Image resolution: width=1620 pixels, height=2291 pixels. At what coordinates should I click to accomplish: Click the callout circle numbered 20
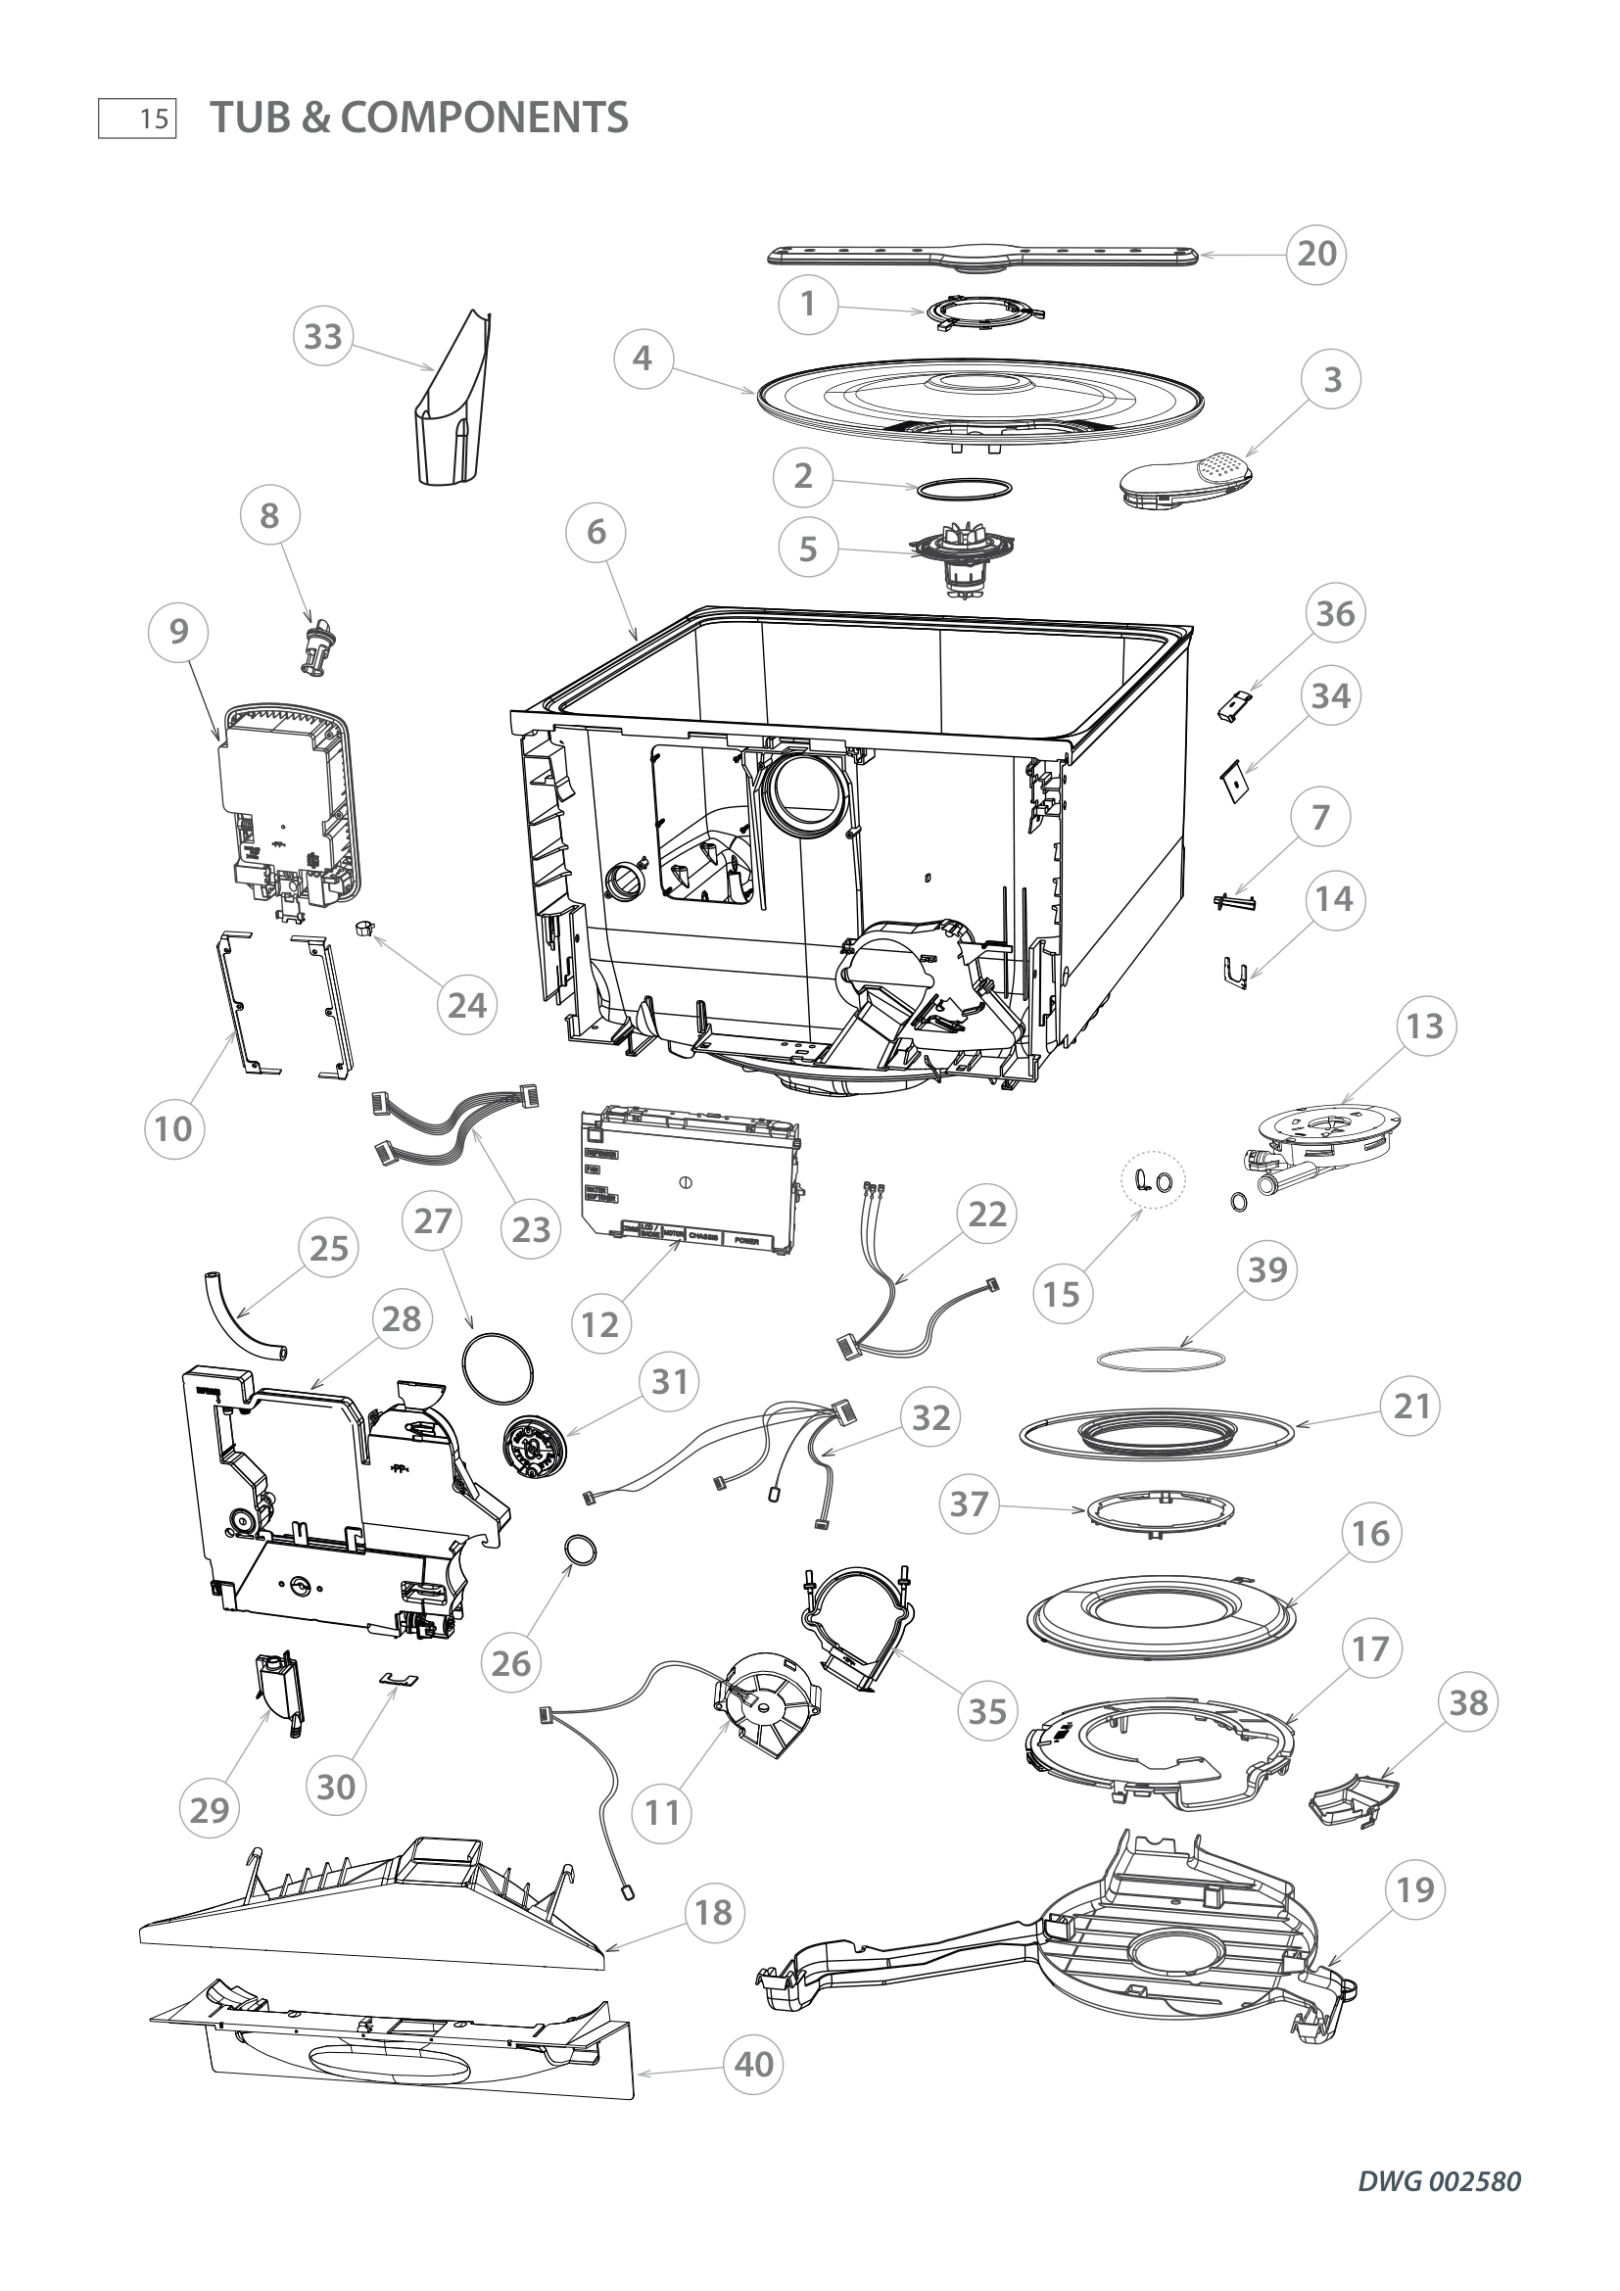(1315, 254)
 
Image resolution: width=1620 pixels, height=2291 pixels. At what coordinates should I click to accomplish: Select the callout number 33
(322, 336)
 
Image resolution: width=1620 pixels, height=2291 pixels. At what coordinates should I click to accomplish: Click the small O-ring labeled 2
(964, 488)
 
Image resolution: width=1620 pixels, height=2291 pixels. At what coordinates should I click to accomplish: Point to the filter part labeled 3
(1185, 478)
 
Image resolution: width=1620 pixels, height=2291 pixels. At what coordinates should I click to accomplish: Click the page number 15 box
(138, 119)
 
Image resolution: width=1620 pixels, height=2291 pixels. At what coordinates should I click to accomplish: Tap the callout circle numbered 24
(467, 1005)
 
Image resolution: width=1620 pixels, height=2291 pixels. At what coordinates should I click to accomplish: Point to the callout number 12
(600, 1324)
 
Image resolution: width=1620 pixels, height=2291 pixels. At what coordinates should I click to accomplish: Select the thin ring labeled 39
(1160, 1360)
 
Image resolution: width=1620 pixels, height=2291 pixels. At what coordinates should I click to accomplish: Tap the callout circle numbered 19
(1415, 1888)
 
